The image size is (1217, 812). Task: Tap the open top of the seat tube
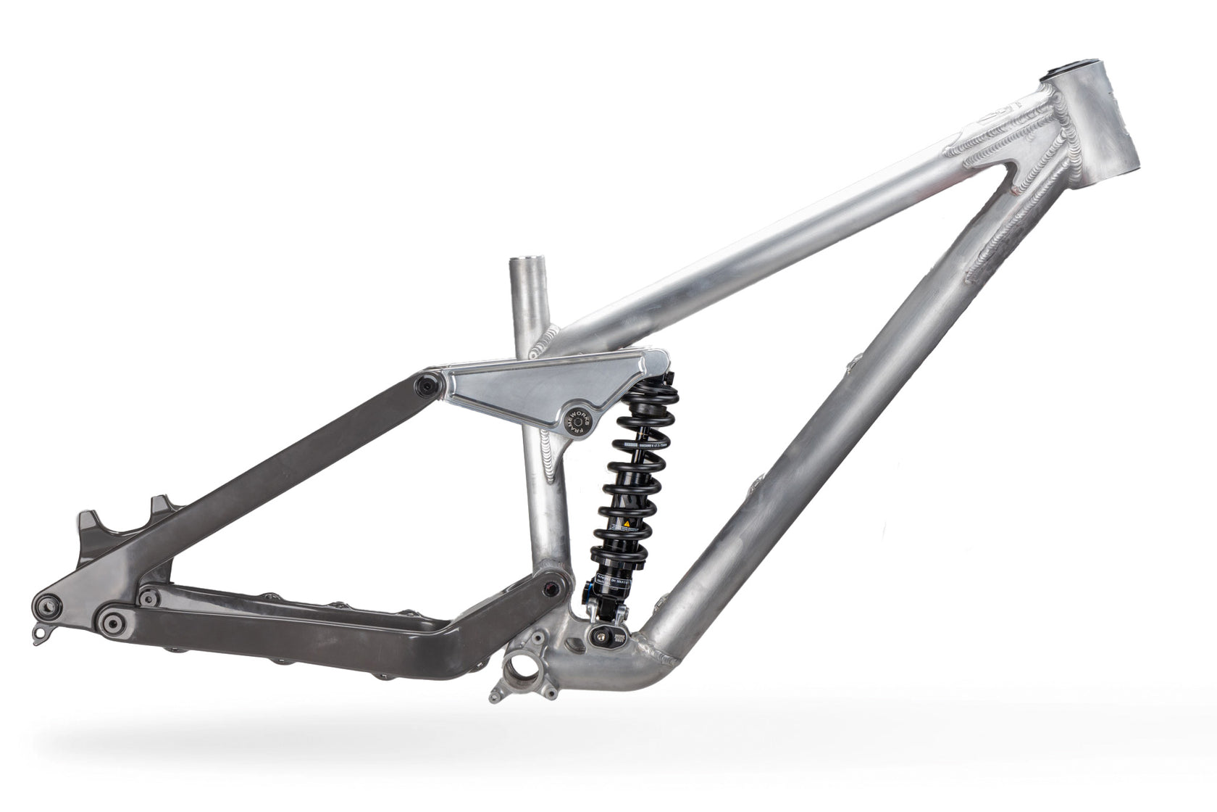pyautogui.click(x=530, y=262)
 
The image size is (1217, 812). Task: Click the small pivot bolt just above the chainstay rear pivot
pyautogui.click(x=150, y=597)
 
